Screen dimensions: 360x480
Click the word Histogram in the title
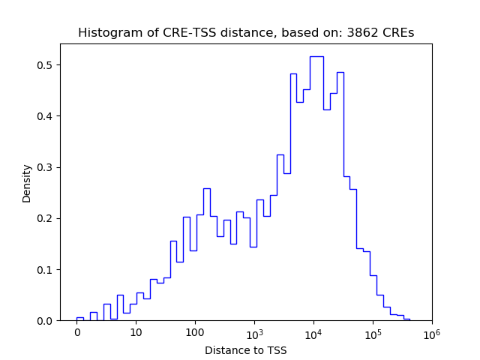(104, 33)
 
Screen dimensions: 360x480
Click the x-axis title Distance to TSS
(246, 349)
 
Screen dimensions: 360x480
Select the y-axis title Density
(27, 183)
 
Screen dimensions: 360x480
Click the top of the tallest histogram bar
(316, 56)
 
